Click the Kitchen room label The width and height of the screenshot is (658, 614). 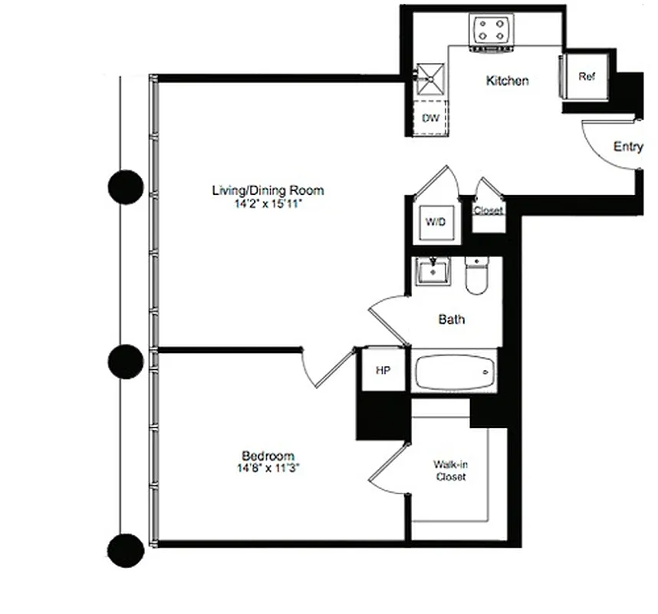click(507, 81)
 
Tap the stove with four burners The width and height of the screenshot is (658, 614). click(491, 31)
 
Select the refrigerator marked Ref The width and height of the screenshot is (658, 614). click(587, 77)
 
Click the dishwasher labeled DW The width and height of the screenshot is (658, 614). click(430, 117)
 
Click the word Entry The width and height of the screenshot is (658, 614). click(628, 147)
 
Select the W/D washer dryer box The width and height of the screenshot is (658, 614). click(435, 222)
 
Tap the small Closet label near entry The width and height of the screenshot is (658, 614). click(488, 210)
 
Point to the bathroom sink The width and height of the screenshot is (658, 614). click(433, 271)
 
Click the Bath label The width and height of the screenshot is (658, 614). click(452, 319)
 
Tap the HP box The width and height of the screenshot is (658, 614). click(383, 371)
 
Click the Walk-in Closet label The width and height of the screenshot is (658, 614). click(449, 470)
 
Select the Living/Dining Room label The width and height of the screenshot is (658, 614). click(268, 190)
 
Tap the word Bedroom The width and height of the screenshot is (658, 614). click(268, 456)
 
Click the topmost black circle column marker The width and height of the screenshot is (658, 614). click(125, 187)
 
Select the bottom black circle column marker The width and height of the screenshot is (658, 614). click(125, 549)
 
